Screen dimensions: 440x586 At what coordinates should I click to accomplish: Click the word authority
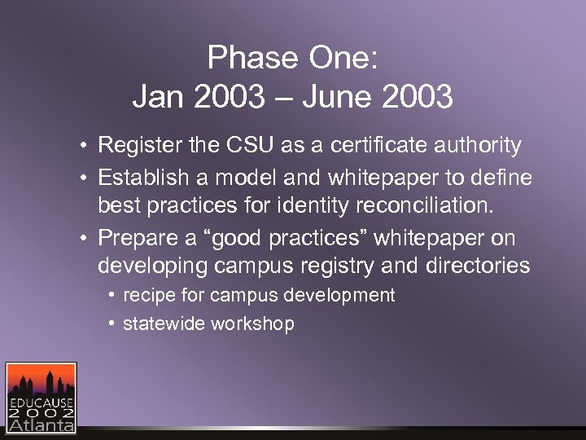(x=475, y=146)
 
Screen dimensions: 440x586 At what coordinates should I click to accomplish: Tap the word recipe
(x=146, y=296)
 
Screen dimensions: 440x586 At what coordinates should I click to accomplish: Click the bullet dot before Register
(x=85, y=147)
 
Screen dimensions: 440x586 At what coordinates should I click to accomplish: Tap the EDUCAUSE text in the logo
(x=41, y=403)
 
